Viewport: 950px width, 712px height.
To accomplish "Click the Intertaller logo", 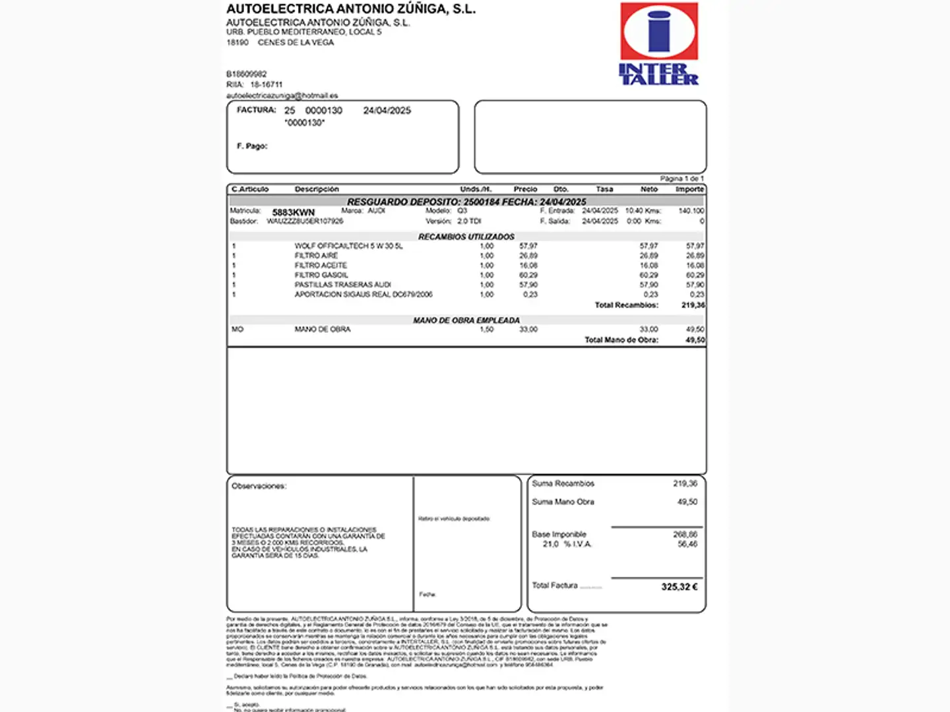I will (x=658, y=44).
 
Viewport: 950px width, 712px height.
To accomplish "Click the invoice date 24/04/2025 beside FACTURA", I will (x=387, y=111).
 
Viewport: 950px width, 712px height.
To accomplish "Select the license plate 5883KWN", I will (x=294, y=212).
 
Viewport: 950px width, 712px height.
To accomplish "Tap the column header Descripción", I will (x=317, y=189).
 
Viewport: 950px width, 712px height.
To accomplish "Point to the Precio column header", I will (x=525, y=189).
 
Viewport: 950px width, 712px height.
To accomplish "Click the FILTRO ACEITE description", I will (x=321, y=265).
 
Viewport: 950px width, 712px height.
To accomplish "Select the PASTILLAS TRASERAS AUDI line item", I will (x=342, y=285).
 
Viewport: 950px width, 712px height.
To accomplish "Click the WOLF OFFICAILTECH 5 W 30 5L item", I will (x=348, y=246).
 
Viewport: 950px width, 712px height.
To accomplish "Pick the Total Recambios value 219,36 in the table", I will (x=693, y=305).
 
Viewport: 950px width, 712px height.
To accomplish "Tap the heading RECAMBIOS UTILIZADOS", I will (x=466, y=236).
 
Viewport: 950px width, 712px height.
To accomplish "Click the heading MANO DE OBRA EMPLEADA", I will (x=466, y=320).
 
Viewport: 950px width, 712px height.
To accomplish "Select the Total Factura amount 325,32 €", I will (x=679, y=587).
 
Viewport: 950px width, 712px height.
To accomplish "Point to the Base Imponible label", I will (x=559, y=535).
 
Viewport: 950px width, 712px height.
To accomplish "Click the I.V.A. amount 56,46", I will (x=687, y=544).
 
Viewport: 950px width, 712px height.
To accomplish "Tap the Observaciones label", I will (x=259, y=487).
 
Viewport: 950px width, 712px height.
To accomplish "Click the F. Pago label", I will (x=252, y=146).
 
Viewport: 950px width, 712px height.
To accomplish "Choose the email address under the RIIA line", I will (x=282, y=96).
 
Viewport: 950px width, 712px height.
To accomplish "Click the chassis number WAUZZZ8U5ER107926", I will (x=305, y=222).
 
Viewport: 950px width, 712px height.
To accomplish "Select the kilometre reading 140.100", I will (x=691, y=211).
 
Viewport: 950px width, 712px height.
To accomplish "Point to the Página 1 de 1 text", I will (x=681, y=179).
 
